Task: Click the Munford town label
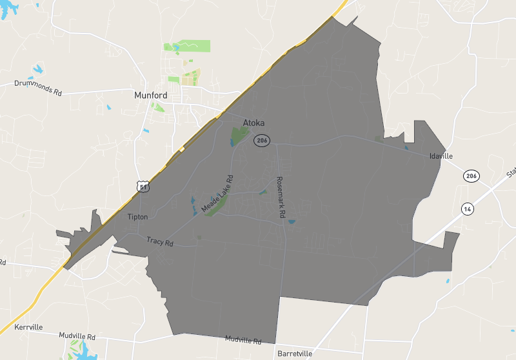click(150, 95)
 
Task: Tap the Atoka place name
click(253, 123)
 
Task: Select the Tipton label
click(137, 217)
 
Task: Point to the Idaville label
click(441, 156)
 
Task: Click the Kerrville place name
click(27, 327)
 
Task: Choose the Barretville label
click(294, 354)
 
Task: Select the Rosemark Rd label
click(281, 198)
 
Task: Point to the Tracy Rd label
click(160, 242)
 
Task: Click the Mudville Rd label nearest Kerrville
click(77, 336)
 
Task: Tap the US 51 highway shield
click(143, 186)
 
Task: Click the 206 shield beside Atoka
click(261, 140)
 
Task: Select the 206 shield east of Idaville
click(471, 176)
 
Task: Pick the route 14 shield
click(466, 208)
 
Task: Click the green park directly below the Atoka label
click(239, 136)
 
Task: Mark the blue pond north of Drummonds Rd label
click(37, 69)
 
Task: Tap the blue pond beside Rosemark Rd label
click(292, 222)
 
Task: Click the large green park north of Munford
click(193, 46)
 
